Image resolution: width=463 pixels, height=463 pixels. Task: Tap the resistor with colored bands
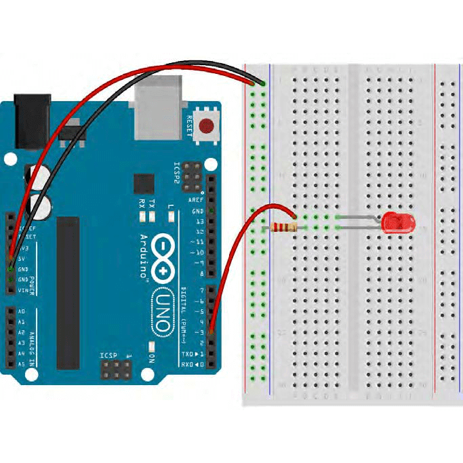[x=283, y=227]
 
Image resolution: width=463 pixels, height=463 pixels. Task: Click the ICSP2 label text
[x=178, y=174]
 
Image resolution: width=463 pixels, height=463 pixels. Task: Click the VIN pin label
[x=22, y=289]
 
